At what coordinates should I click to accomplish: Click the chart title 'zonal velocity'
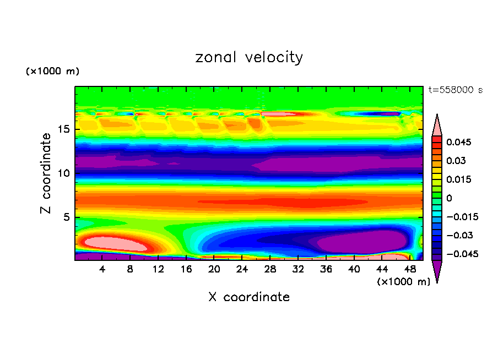coord(249,57)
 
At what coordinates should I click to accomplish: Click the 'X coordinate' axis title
coord(249,297)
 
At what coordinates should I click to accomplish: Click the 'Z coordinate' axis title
coord(46,173)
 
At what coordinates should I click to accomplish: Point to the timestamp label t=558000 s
coord(455,90)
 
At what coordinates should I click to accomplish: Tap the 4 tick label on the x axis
coord(102,269)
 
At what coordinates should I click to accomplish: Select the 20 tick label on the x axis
coord(214,269)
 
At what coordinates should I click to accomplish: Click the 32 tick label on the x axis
coord(297,269)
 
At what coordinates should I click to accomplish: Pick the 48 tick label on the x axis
coord(409,269)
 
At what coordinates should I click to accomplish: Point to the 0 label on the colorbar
coord(449,198)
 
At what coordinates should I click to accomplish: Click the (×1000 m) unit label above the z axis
coord(53,72)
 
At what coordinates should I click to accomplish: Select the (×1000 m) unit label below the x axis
coord(403,282)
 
